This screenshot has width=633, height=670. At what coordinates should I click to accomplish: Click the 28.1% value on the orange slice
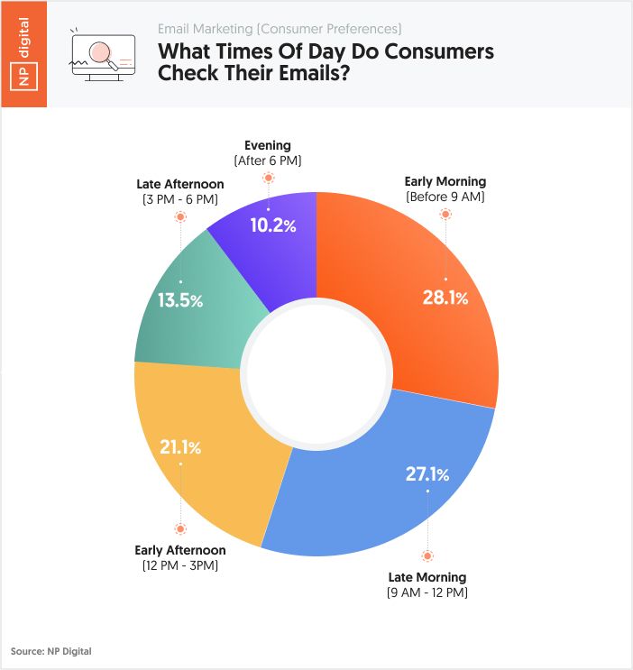tap(445, 298)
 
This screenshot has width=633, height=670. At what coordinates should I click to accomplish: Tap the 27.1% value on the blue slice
tap(427, 473)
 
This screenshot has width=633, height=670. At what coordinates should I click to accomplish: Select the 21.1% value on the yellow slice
tap(179, 446)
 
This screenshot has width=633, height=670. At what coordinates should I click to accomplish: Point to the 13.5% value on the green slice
tap(180, 300)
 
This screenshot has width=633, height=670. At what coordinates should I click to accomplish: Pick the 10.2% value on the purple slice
tap(272, 225)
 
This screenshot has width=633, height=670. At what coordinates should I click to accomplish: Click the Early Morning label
tap(445, 180)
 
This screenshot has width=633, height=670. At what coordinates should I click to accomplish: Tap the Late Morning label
tap(427, 577)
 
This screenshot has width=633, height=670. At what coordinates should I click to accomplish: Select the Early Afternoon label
tap(179, 549)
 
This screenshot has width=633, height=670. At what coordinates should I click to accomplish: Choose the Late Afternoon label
tap(180, 184)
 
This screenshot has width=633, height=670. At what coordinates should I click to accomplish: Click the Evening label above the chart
tap(268, 144)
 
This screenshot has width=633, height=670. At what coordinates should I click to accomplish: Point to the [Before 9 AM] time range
tap(445, 196)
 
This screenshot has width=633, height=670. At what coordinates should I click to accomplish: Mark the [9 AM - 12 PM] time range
tap(427, 592)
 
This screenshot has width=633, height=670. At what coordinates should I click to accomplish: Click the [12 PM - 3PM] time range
tap(179, 564)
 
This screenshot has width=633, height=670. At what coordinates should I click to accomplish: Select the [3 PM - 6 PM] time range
tap(180, 199)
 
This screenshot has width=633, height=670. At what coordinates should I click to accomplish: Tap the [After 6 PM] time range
tap(268, 160)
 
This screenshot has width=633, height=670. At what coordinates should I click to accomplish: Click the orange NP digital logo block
tap(23, 54)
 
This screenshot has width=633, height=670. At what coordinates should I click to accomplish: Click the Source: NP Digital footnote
tap(51, 650)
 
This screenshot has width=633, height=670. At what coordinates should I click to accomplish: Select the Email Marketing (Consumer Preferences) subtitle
tap(280, 29)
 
